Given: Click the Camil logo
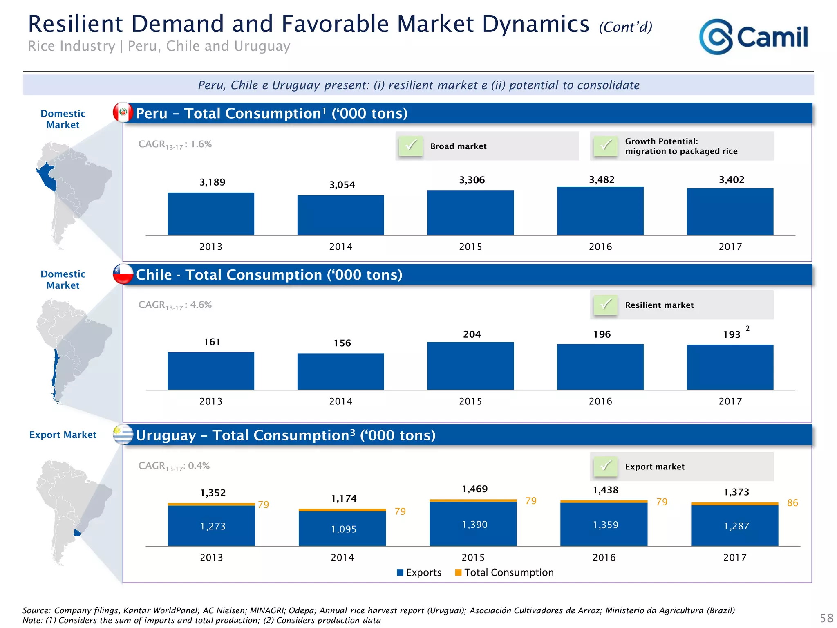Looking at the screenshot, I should click(x=753, y=37).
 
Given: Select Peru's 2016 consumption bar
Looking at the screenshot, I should click(x=600, y=211).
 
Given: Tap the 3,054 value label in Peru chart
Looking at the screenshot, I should click(x=342, y=185).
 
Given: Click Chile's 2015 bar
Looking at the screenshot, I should click(x=470, y=366).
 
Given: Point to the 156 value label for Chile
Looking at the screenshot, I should click(x=342, y=343).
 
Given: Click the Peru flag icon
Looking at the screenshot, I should click(x=123, y=112).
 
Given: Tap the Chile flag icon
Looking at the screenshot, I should click(x=123, y=274).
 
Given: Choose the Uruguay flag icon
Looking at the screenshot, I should click(x=123, y=435).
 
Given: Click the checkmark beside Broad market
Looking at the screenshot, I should click(x=411, y=146).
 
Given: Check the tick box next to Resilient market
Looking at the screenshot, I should click(x=606, y=305).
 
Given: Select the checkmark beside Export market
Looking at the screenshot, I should click(x=606, y=467).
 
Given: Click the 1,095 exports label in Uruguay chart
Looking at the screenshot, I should click(x=344, y=529).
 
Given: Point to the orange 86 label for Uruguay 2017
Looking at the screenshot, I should click(x=792, y=503).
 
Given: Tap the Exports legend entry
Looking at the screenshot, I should click(x=419, y=572).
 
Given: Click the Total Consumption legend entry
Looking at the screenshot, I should click(x=505, y=572).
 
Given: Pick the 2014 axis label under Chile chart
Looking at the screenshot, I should click(x=341, y=401).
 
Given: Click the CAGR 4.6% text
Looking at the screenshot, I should click(x=175, y=305).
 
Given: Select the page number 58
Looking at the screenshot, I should click(x=826, y=618).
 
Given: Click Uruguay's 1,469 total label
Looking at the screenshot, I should click(x=474, y=489).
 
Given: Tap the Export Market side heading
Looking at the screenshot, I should click(x=63, y=435).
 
